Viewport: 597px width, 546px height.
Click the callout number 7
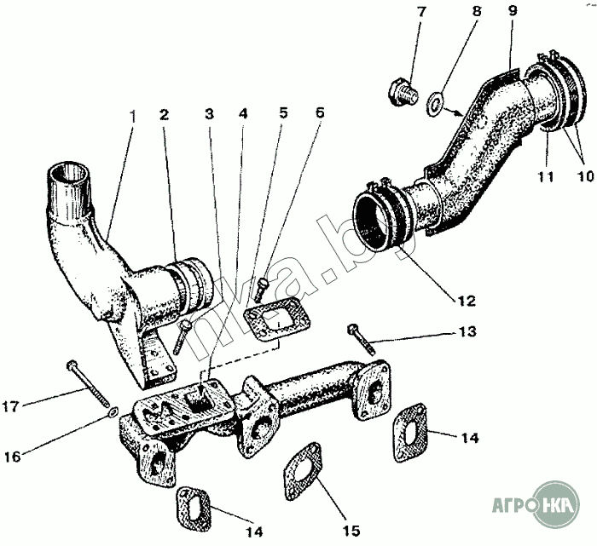pyautogui.click(x=420, y=12)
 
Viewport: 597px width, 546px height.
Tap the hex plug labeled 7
pyautogui.click(x=403, y=92)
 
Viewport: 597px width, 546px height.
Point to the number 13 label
pyautogui.click(x=467, y=331)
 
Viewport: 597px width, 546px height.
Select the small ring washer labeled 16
pyautogui.click(x=113, y=411)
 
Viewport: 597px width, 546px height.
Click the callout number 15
pyautogui.click(x=351, y=530)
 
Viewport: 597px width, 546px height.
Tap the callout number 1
pyautogui.click(x=133, y=117)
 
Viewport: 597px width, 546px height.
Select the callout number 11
pyautogui.click(x=546, y=177)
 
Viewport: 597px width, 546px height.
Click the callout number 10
pyautogui.click(x=585, y=177)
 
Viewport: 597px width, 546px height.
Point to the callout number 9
pyautogui.click(x=513, y=11)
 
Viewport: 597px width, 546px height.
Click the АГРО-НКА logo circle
pyautogui.click(x=556, y=504)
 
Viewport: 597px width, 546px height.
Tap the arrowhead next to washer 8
pyautogui.click(x=457, y=113)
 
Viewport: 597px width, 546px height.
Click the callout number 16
pyautogui.click(x=13, y=457)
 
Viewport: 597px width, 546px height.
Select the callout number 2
pyautogui.click(x=164, y=114)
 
